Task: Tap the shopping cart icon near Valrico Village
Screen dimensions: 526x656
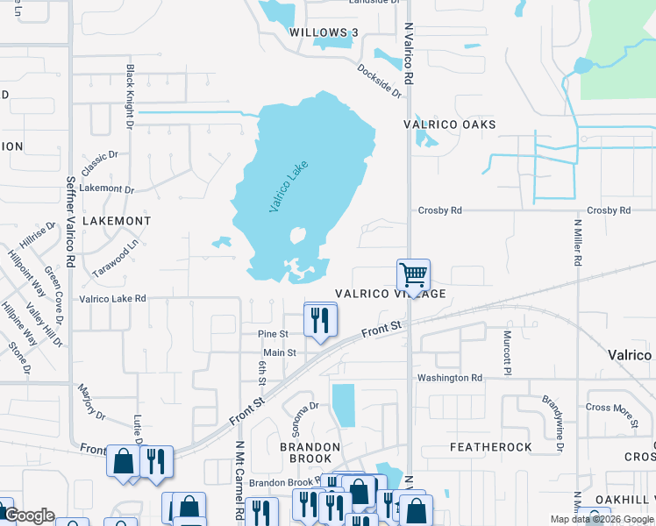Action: pyautogui.click(x=413, y=274)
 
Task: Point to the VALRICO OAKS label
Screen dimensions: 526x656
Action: pyautogui.click(x=449, y=124)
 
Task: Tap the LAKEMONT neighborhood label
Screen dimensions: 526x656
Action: pyautogui.click(x=116, y=221)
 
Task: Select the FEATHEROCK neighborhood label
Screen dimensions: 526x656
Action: pyautogui.click(x=491, y=447)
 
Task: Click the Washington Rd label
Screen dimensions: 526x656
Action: pyautogui.click(x=450, y=378)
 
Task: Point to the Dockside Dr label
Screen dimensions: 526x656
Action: pyautogui.click(x=379, y=80)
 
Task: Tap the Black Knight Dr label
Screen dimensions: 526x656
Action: pyautogui.click(x=130, y=96)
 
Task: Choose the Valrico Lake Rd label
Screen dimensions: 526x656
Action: pyautogui.click(x=112, y=298)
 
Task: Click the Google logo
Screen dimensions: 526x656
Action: pyautogui.click(x=28, y=515)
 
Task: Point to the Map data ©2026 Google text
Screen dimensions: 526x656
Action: pyautogui.click(x=601, y=519)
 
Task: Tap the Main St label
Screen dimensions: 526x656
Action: pyautogui.click(x=281, y=352)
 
